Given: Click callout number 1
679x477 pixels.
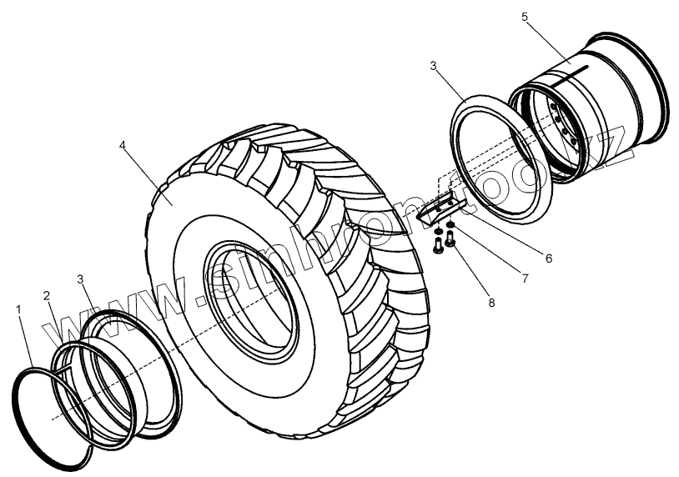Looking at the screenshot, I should [18, 309].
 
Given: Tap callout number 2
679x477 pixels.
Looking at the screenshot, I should [48, 296].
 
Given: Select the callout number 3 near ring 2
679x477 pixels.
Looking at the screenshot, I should [79, 278].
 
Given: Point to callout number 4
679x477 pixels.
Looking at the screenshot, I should [123, 144].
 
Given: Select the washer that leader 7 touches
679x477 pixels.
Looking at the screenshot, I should [451, 226].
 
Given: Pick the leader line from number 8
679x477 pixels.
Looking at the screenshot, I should [472, 271].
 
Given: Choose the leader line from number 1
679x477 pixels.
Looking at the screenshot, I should [26, 343].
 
